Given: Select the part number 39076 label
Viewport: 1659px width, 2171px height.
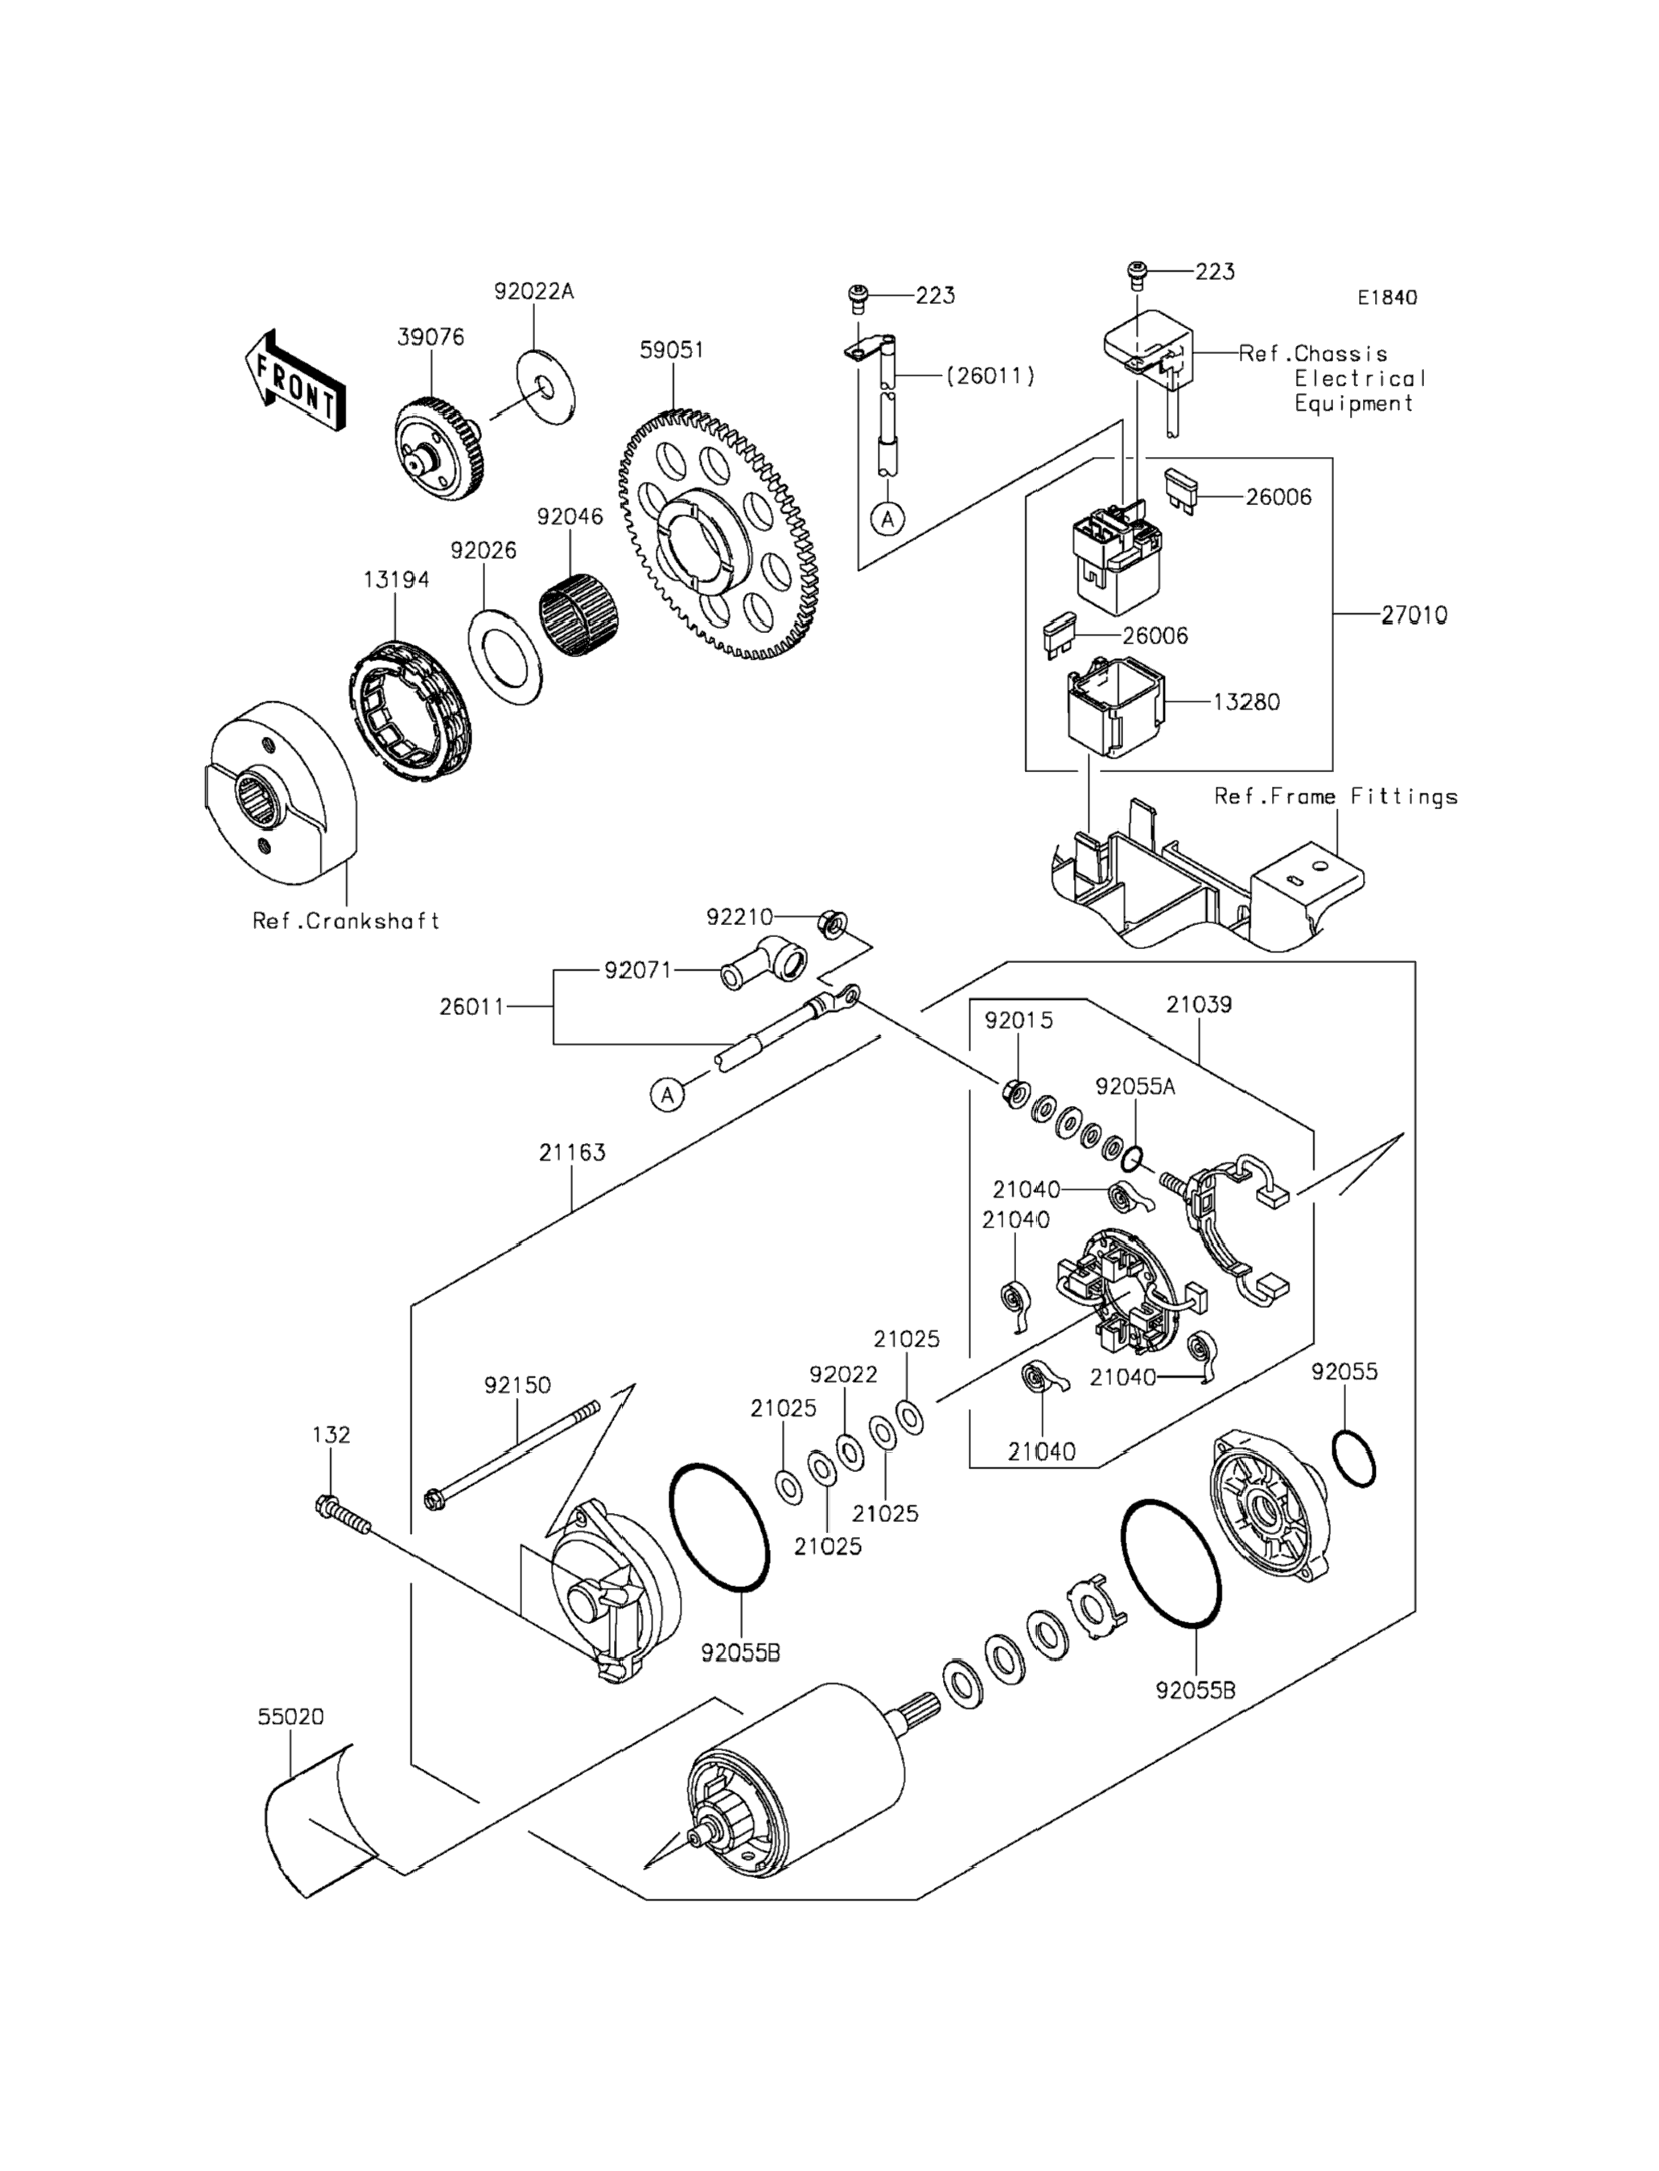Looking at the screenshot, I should click(430, 337).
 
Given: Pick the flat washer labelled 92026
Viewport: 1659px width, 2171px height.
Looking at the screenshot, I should click(504, 657).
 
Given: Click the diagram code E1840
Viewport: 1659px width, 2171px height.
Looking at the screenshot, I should click(1386, 297).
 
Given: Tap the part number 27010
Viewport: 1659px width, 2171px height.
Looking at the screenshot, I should click(1414, 615).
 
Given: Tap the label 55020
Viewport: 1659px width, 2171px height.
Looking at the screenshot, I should click(290, 1717).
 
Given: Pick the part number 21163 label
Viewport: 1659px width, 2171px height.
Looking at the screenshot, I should click(573, 1152).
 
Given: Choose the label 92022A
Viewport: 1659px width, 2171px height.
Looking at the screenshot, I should click(534, 292).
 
